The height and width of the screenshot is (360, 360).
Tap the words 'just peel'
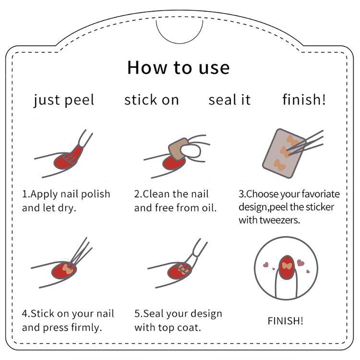coord(64,100)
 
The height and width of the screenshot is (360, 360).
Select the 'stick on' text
coord(152,100)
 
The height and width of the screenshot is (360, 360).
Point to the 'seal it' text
coord(230,100)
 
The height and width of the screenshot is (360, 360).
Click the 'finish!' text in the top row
coord(304,100)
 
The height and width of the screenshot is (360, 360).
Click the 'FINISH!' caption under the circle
coord(285,321)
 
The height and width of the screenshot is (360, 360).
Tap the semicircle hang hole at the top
coord(180,30)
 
